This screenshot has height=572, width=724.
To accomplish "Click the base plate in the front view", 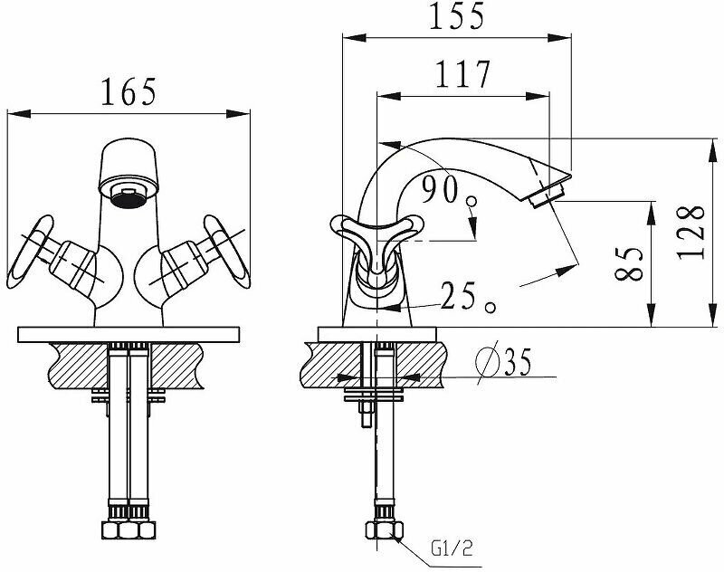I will (x=128, y=333).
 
